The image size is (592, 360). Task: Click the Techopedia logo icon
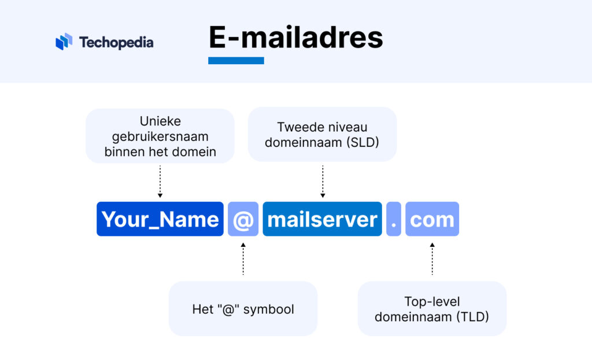coord(64,42)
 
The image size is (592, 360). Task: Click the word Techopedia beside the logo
coord(116,42)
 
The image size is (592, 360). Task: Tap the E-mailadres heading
coord(295,38)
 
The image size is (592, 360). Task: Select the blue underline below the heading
coord(236,60)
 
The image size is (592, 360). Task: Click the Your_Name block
coord(160,219)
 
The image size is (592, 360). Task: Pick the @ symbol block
coord(243,219)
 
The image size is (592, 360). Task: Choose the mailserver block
coord(323,219)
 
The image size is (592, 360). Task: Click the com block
coord(432,219)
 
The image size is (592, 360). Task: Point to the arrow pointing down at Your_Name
coord(160,182)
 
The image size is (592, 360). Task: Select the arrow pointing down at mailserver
coord(323,182)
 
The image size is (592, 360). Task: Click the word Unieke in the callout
coord(160,121)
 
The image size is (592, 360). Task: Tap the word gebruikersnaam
coord(160,136)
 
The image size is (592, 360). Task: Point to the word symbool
coord(269,309)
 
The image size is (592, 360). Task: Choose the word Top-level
coord(432,302)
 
